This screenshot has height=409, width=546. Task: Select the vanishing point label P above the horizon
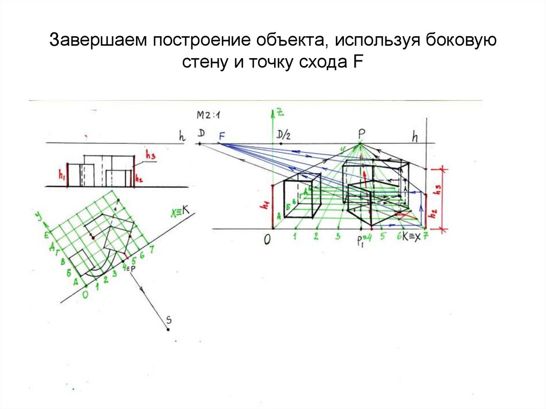coord(360,133)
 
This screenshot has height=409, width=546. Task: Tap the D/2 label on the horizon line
coord(284,135)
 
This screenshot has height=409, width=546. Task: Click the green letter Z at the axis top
coord(278,111)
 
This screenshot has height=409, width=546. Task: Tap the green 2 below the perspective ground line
coord(316,236)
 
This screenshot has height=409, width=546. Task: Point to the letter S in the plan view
coord(168,320)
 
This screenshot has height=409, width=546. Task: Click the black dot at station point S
coord(168,329)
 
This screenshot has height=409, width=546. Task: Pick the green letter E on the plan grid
coord(46,235)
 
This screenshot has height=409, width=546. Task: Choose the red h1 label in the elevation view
coord(61,174)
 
